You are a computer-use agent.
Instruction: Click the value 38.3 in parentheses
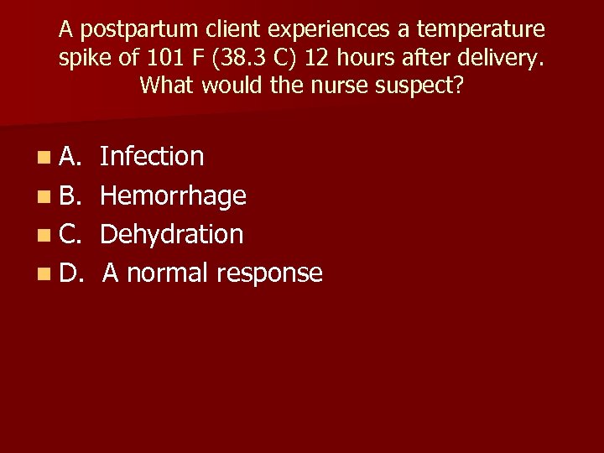coord(238,58)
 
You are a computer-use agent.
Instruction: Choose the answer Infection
coord(152,156)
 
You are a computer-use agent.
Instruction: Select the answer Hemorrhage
coord(173,195)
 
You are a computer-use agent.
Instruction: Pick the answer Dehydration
coord(172,234)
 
